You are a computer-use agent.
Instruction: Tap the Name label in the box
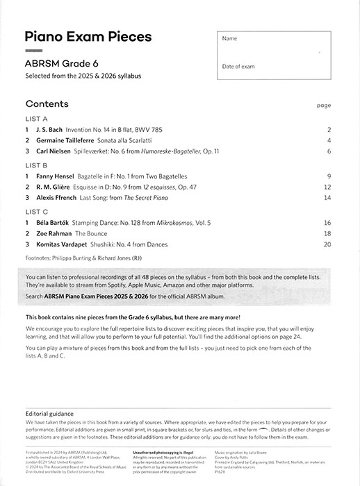pos(229,38)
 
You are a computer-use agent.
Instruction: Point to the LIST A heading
pos(36,119)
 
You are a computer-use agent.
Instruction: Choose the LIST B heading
pos(36,166)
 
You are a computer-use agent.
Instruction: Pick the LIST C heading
pos(36,211)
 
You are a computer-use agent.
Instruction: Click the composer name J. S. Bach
pos(54,130)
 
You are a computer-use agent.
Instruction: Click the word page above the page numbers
pos(323,106)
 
